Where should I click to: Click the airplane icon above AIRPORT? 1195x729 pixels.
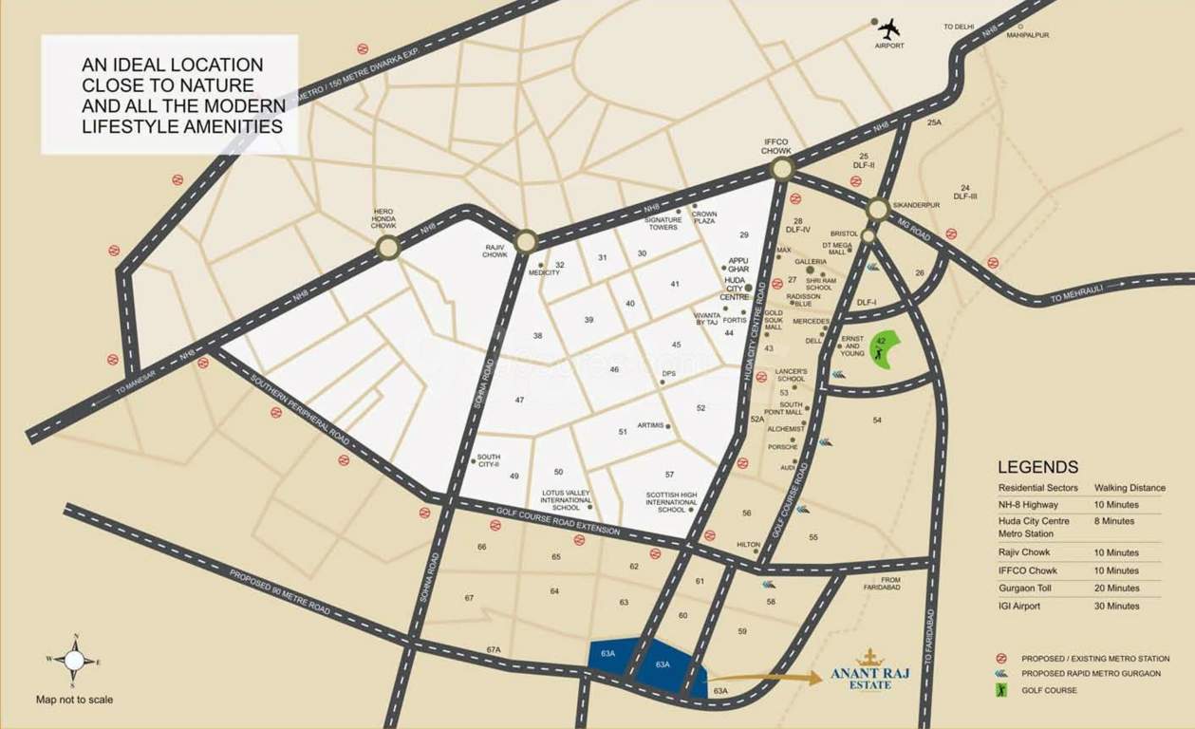coord(888,28)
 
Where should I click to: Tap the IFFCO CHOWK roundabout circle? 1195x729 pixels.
coord(782,169)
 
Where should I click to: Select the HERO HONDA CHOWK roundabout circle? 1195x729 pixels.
coord(387,249)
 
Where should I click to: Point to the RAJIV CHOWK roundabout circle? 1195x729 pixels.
coord(527,241)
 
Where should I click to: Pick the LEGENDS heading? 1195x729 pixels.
coord(1037,467)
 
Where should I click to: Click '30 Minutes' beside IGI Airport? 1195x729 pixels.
coord(1116,606)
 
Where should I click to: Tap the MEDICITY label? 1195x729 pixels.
coord(544,272)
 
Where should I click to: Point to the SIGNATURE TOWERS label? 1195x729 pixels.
coord(663,223)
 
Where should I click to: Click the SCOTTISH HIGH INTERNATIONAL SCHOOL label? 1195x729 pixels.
coord(671,502)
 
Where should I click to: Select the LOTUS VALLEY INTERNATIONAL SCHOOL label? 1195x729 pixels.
coord(566,500)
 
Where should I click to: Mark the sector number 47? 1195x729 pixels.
coord(519,400)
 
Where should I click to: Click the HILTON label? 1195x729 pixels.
coord(748,544)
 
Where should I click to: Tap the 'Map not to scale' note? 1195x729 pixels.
coord(74,700)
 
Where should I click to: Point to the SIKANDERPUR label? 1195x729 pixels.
coord(916,205)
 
